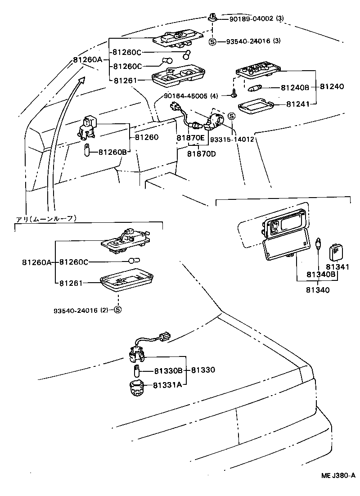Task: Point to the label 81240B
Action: tap(295, 87)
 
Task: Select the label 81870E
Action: tap(190, 138)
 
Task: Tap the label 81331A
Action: tap(167, 385)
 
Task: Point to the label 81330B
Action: tap(168, 370)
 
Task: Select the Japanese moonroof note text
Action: tap(46, 219)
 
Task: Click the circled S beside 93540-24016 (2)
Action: tap(117, 310)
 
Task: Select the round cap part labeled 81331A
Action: tap(136, 387)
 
